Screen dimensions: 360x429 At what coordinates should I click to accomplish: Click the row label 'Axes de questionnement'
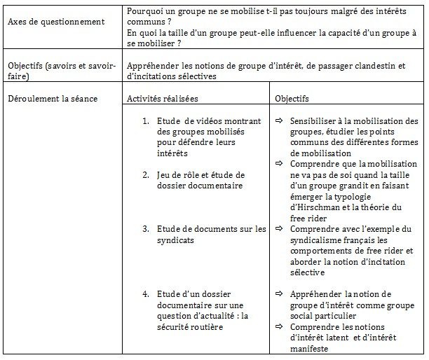56,22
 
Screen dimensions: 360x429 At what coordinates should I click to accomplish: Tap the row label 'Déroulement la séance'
53,99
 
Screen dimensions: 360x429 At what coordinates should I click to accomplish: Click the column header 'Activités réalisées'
163,99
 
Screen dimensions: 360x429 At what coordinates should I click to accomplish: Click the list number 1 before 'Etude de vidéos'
144,120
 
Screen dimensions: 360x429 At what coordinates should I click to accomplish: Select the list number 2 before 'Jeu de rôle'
144,174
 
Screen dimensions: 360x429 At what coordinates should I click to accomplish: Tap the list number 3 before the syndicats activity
144,228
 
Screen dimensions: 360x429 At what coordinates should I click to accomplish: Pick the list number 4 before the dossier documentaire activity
144,293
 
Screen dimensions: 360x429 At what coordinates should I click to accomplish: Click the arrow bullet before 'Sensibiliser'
278,120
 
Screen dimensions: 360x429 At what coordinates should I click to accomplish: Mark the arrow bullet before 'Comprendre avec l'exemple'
278,228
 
